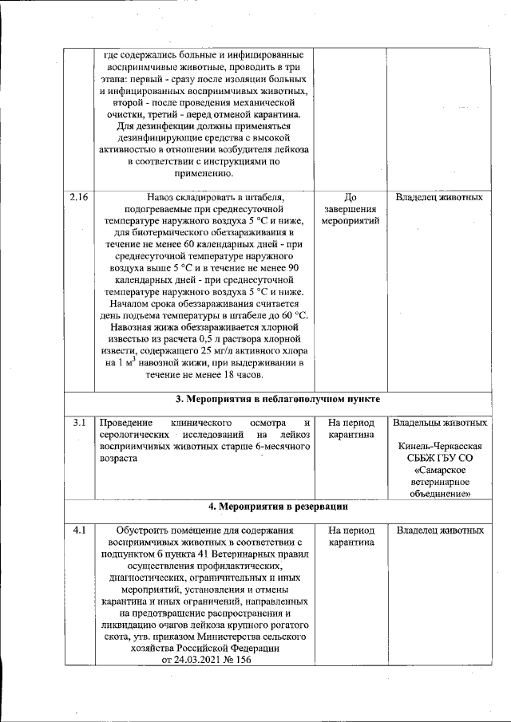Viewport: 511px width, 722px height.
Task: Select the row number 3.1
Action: [79, 422]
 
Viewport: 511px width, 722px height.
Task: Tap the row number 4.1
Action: [77, 530]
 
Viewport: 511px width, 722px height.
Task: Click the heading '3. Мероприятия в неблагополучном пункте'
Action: [277, 398]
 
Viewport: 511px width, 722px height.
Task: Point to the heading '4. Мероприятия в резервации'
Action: [277, 506]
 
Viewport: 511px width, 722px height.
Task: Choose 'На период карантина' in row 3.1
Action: [349, 428]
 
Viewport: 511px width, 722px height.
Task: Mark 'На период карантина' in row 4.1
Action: [349, 535]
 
